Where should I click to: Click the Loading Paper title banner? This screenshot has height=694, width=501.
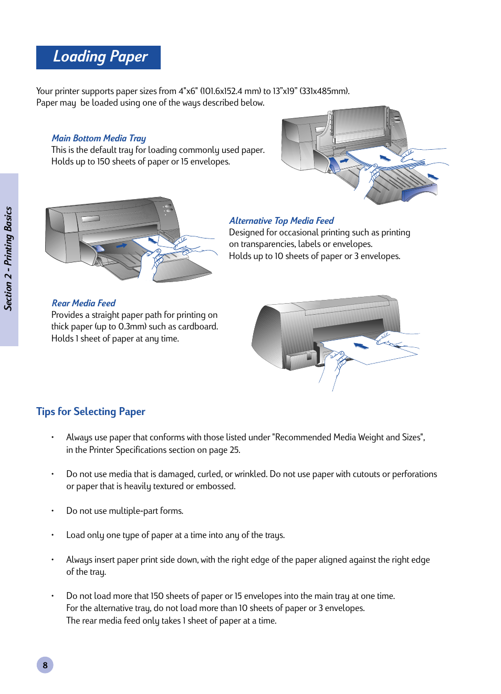tap(99, 57)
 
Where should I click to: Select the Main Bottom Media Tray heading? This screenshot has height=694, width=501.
tap(99, 138)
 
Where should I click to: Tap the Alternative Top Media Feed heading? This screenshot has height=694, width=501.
tap(281, 221)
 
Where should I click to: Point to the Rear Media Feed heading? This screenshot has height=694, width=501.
tap(83, 303)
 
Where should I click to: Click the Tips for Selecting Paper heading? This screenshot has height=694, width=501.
tap(91, 411)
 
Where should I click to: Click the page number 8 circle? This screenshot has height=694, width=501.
tap(45, 665)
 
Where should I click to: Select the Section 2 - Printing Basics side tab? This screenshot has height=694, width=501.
tap(9, 259)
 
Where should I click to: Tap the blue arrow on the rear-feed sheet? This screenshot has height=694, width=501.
tap(361, 345)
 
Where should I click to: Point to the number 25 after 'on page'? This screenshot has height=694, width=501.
tap(234, 450)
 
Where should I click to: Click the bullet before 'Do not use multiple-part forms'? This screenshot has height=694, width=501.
tap(53, 511)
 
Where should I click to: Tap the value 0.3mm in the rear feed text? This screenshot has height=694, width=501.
tap(132, 326)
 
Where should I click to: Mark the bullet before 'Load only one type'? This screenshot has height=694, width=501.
tap(53, 535)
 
